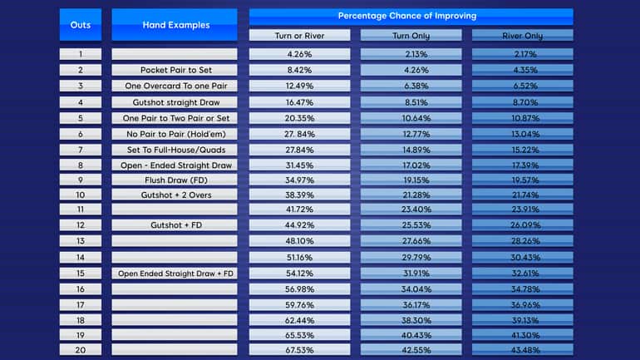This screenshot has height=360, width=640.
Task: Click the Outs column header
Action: point(81,25)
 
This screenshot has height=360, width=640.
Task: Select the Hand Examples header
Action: point(175,25)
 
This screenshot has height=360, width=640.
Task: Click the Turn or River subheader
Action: point(299,36)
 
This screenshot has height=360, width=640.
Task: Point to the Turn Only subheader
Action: point(411,36)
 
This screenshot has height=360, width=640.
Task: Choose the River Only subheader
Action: point(522,36)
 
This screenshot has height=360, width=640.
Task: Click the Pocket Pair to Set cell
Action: point(175,70)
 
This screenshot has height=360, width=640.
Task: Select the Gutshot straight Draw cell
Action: point(175,102)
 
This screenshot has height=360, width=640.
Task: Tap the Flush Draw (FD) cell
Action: point(175,179)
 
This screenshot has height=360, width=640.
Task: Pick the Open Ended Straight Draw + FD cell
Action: point(175,274)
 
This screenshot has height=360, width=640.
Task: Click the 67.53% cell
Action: point(299,350)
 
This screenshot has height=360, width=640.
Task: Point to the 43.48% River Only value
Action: point(522,350)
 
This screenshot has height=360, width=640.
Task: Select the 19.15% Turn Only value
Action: point(411,179)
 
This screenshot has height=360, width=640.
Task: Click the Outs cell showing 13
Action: point(81,241)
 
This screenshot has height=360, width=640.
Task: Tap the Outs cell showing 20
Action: point(81,350)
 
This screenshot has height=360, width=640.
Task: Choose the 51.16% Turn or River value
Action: point(299,258)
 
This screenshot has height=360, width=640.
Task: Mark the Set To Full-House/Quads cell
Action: point(175,150)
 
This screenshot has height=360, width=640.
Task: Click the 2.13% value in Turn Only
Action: point(411,54)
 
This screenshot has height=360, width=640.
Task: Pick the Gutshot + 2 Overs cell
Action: point(175,195)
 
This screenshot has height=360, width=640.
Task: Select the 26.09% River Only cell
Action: point(522,225)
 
